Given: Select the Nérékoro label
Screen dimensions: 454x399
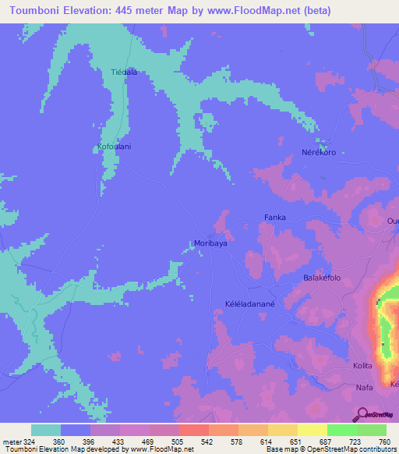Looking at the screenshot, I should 319,152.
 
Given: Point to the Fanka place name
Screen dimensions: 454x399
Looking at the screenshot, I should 275,218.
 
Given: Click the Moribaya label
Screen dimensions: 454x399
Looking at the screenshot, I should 210,243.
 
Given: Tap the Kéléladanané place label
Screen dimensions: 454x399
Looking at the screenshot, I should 252,307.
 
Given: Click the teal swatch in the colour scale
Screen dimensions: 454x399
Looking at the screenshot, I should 46,430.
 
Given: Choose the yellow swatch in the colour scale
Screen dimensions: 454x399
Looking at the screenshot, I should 312,430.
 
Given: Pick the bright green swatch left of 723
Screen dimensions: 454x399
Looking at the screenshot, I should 341,430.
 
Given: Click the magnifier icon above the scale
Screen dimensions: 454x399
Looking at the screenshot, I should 362,413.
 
